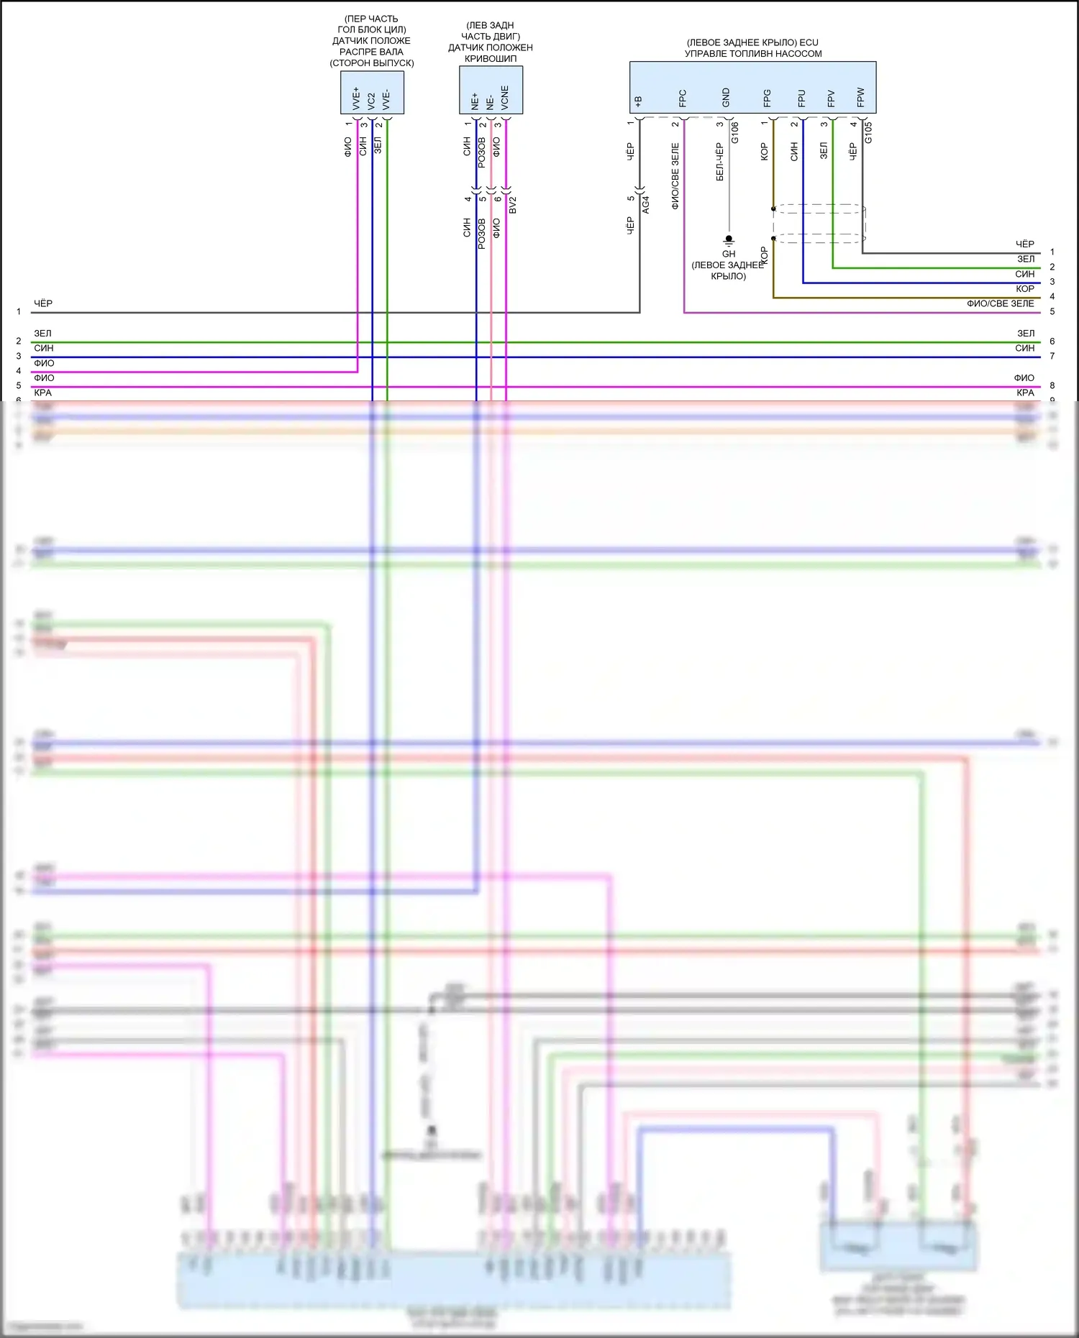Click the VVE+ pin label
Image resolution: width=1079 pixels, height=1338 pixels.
[356, 98]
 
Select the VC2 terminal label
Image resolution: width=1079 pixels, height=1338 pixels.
[371, 101]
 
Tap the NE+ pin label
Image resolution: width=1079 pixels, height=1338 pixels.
[475, 101]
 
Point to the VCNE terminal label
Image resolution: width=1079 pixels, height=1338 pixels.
[505, 98]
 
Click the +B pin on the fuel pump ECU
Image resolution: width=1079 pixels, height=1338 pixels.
[638, 102]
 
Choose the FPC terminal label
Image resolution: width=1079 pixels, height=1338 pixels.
[683, 98]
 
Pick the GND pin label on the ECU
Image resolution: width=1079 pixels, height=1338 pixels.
[726, 98]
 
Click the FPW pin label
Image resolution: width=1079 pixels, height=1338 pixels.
[860, 98]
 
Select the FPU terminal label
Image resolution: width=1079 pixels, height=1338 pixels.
[801, 98]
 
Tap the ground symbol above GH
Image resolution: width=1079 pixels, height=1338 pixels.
[729, 240]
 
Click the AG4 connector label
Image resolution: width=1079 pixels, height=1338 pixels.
[645, 205]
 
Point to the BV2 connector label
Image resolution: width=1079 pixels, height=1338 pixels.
[513, 205]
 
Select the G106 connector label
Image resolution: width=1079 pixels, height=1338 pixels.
[734, 132]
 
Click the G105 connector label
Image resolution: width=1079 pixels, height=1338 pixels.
[868, 132]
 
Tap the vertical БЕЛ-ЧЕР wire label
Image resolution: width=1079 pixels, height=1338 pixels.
[719, 162]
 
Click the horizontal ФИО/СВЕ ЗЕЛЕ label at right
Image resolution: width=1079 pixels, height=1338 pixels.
[1000, 303]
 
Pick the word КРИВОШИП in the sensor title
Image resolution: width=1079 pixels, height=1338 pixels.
[491, 58]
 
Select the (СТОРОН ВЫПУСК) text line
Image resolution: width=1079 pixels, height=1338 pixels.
[372, 63]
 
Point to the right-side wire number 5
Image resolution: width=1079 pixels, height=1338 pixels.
[1052, 311]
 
